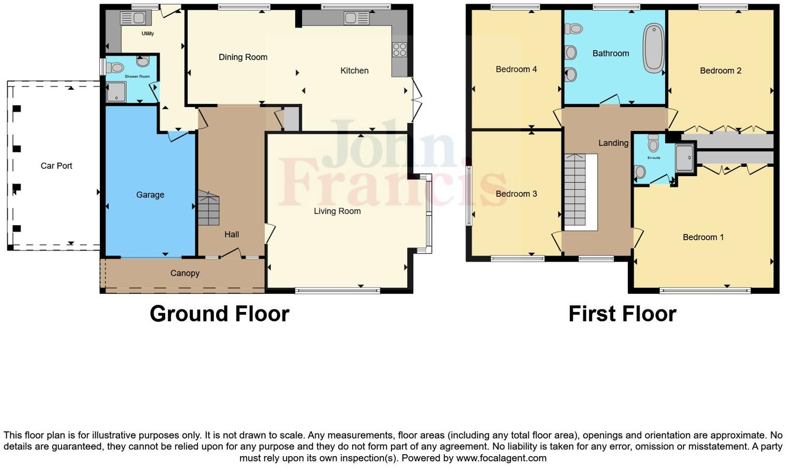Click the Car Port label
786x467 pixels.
point(56,166)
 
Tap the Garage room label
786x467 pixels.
point(150,195)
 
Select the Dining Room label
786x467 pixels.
point(243,57)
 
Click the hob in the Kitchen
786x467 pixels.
point(399,50)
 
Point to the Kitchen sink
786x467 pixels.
point(356,19)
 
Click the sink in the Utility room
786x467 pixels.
point(133,18)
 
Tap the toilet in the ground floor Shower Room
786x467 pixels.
point(115,67)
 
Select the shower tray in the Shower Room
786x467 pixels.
point(116,92)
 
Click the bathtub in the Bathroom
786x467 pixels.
point(653,48)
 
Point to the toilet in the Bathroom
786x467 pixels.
point(573,28)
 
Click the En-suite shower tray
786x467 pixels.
point(684,158)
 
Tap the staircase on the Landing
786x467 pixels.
point(575,191)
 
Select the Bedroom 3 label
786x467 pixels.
point(516,194)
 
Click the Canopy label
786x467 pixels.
point(185,273)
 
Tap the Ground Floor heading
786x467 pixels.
point(219,314)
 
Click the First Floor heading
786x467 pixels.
point(622,314)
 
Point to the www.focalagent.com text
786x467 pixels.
point(501,458)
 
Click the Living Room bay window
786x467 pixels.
point(427,214)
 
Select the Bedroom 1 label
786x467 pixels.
point(703,237)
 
